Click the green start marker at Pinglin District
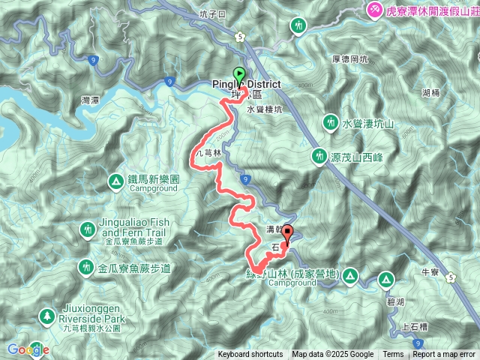240,75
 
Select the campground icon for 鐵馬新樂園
116,181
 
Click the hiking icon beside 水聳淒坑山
331,121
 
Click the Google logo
28,349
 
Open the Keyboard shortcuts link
250,355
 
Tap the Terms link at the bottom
393,355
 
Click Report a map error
443,355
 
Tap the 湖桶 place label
430,93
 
